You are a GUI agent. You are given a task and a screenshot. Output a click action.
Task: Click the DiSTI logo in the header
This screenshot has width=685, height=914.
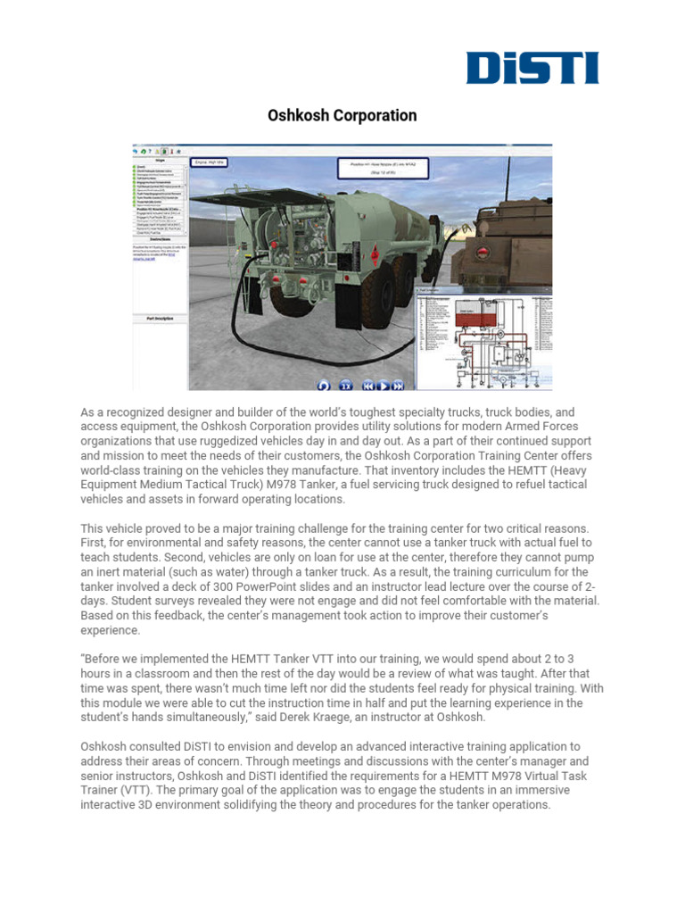pyautogui.click(x=532, y=68)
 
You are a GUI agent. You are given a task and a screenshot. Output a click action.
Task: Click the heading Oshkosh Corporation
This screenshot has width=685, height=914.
pyautogui.click(x=342, y=116)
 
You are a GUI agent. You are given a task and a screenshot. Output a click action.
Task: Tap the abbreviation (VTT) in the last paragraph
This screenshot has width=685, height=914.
pyautogui.click(x=149, y=789)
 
